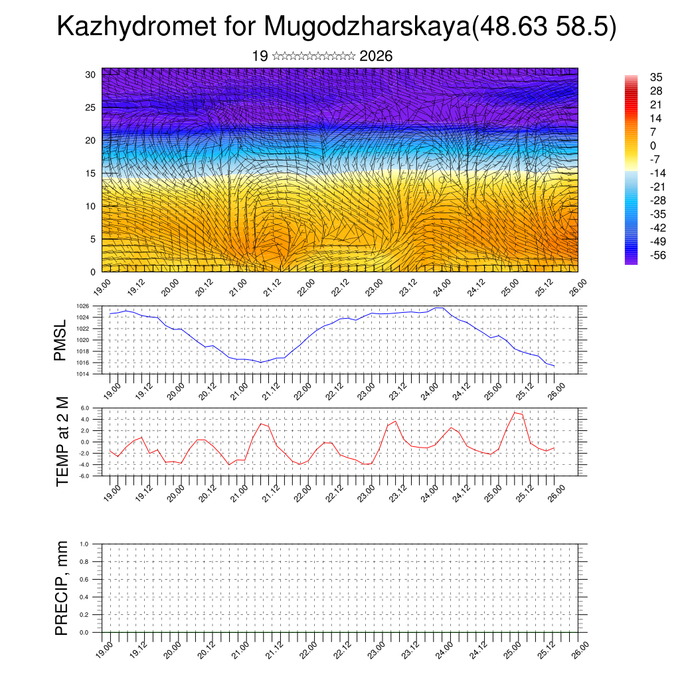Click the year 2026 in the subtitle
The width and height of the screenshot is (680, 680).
pyautogui.click(x=376, y=56)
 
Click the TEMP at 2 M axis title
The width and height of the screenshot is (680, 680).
pyautogui.click(x=62, y=441)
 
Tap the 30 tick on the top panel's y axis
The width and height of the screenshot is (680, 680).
pyautogui.click(x=91, y=74)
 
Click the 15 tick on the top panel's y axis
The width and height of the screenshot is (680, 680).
pyautogui.click(x=91, y=173)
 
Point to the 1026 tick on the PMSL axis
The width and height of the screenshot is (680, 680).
pyautogui.click(x=82, y=306)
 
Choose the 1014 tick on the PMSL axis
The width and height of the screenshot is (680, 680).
pyautogui.click(x=82, y=374)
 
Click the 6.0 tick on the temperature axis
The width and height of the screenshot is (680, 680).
pyautogui.click(x=86, y=408)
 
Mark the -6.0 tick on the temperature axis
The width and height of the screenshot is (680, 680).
pyautogui.click(x=84, y=475)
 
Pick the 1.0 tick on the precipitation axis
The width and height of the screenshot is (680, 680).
pyautogui.click(x=84, y=544)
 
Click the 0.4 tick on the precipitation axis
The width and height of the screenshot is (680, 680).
pyautogui.click(x=84, y=597)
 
